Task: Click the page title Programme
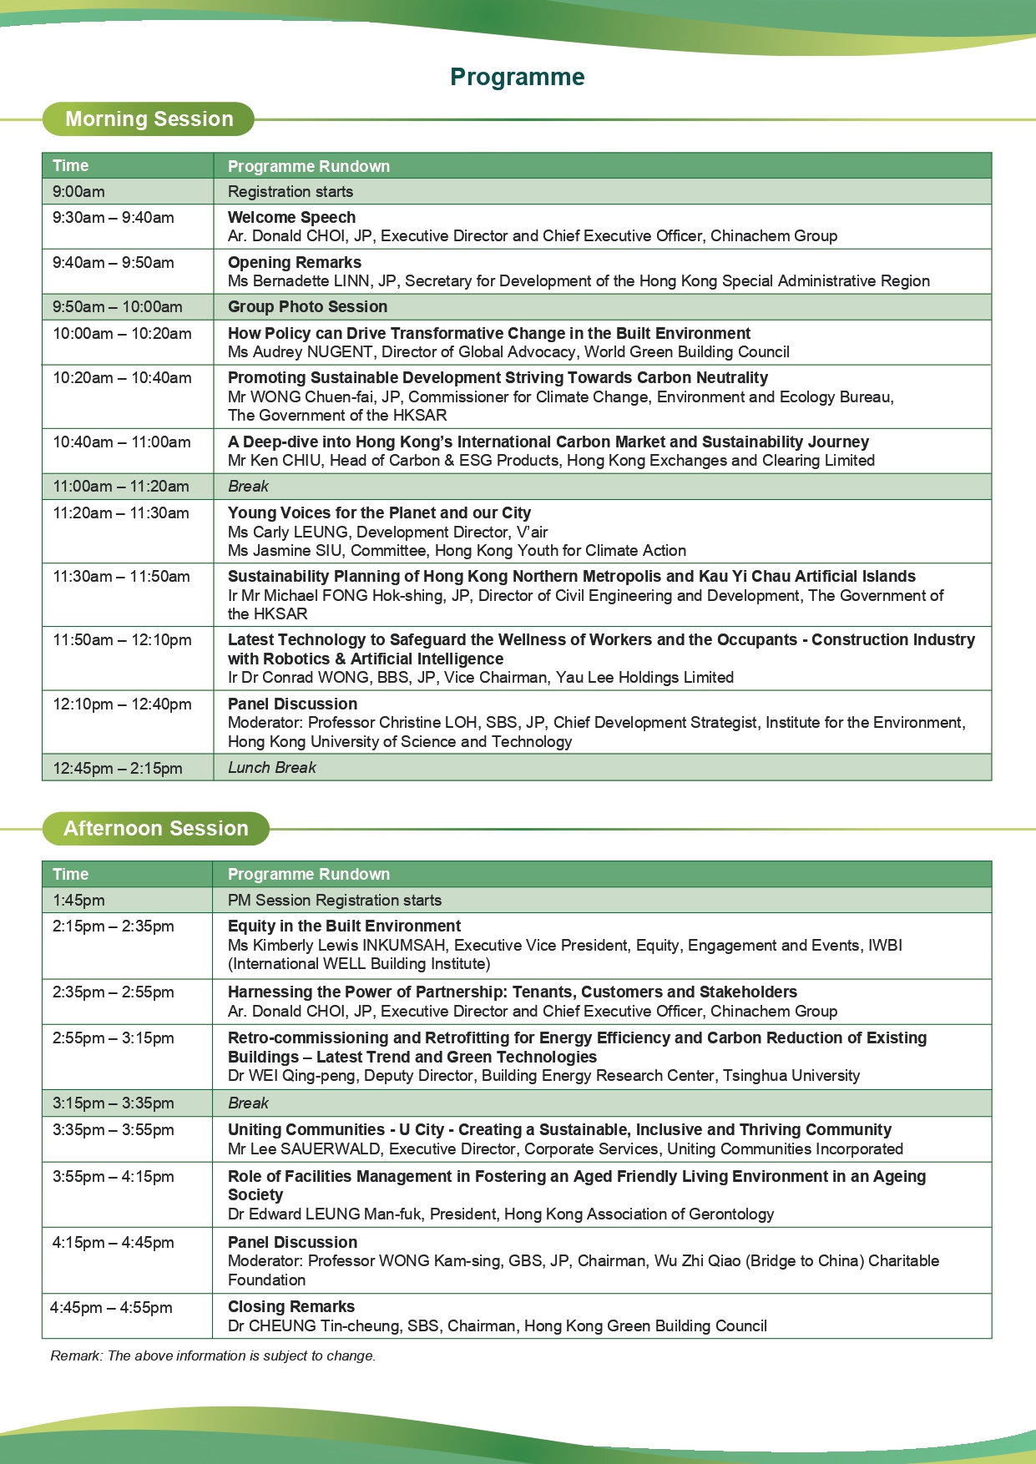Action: [517, 77]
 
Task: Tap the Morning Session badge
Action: [149, 119]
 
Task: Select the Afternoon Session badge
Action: [156, 828]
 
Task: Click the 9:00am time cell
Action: [79, 191]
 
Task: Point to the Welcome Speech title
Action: [291, 217]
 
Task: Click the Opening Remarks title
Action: [294, 262]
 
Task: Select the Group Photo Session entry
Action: [307, 306]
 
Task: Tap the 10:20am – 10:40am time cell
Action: [122, 377]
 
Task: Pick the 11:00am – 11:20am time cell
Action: [121, 486]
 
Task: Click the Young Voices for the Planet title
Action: [379, 512]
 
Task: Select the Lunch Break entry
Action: [272, 767]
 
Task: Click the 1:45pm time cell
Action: [78, 900]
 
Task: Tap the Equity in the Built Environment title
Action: [344, 926]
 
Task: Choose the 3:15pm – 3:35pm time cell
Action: [114, 1103]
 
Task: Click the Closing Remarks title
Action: [291, 1306]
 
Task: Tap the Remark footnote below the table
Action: [213, 1355]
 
